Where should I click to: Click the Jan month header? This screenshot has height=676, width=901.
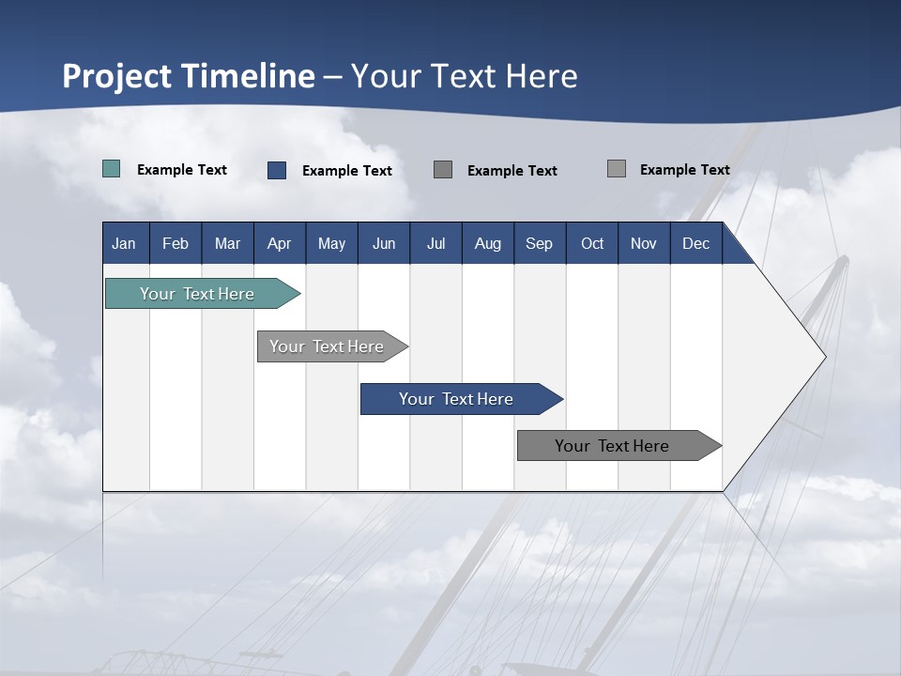125,243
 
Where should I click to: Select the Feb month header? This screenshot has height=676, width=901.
176,243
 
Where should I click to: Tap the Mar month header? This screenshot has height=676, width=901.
227,243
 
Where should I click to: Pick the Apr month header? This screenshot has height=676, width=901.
280,243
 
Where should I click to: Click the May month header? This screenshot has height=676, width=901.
331,243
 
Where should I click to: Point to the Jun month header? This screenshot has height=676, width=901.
384,243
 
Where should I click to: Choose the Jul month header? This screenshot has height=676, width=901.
435,243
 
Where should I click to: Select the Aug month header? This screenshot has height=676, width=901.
488,243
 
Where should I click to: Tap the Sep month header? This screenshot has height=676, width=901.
540,243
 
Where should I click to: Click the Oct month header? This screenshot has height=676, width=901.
592,243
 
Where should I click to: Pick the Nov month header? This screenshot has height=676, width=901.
644,243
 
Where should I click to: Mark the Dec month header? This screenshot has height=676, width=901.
696,243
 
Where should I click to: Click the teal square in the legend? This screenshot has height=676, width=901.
112,169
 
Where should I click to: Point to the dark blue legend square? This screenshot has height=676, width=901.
277,170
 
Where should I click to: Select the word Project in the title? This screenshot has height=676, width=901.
117,76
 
